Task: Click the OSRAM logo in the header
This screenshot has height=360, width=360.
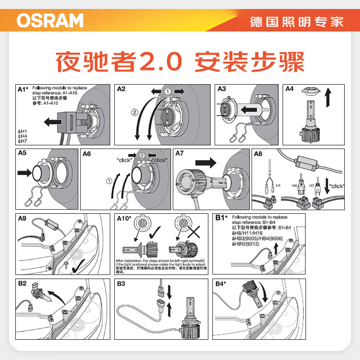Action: (50, 20)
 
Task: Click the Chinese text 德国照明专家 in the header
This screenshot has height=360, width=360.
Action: (297, 21)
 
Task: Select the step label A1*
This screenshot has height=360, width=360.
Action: (23, 89)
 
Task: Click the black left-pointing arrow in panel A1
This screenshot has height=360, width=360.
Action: (53, 121)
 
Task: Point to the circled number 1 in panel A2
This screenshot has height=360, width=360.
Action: (167, 91)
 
